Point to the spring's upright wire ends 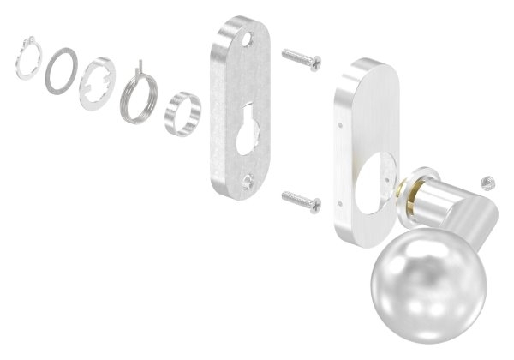tap(138, 65)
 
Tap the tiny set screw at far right tap(486, 182)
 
